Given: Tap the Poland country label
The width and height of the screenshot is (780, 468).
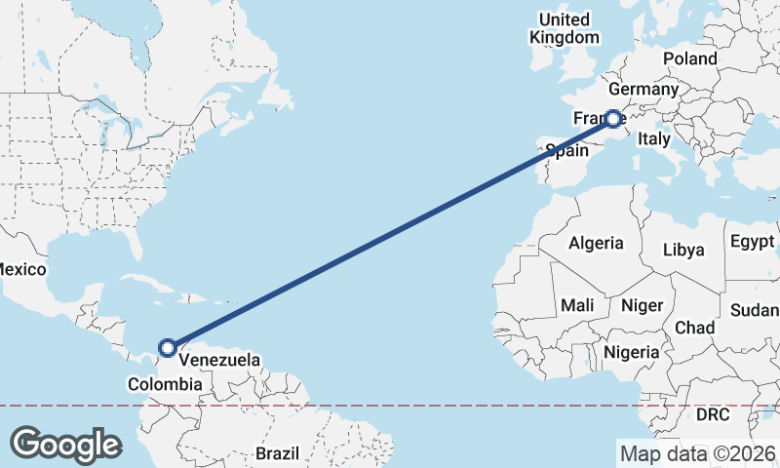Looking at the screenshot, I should click(x=689, y=58).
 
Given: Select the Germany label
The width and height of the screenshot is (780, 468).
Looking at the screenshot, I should click(x=643, y=90).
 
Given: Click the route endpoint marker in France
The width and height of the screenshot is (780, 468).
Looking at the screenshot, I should click(x=613, y=119).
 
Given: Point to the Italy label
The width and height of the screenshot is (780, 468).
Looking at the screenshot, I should click(x=653, y=139).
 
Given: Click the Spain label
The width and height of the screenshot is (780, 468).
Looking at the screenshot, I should click(x=566, y=150).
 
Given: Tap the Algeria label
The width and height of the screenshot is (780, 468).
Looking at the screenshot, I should click(x=596, y=243).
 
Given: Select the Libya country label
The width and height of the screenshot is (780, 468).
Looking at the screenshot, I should click(x=682, y=250).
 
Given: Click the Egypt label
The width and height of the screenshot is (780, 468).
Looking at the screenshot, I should click(x=751, y=241).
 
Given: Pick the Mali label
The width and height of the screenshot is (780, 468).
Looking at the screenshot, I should click(x=577, y=305).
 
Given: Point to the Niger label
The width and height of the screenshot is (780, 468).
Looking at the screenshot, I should click(x=642, y=305).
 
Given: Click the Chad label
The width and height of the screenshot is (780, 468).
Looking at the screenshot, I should click(x=694, y=327).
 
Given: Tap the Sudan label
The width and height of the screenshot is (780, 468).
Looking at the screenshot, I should click(x=754, y=310).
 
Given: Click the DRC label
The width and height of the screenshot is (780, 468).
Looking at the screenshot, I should click(x=713, y=414).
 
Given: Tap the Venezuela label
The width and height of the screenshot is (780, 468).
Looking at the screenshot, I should click(x=219, y=361).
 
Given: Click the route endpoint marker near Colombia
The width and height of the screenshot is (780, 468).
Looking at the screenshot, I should click(x=168, y=347).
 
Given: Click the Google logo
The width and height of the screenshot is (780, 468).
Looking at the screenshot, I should click(x=65, y=444).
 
